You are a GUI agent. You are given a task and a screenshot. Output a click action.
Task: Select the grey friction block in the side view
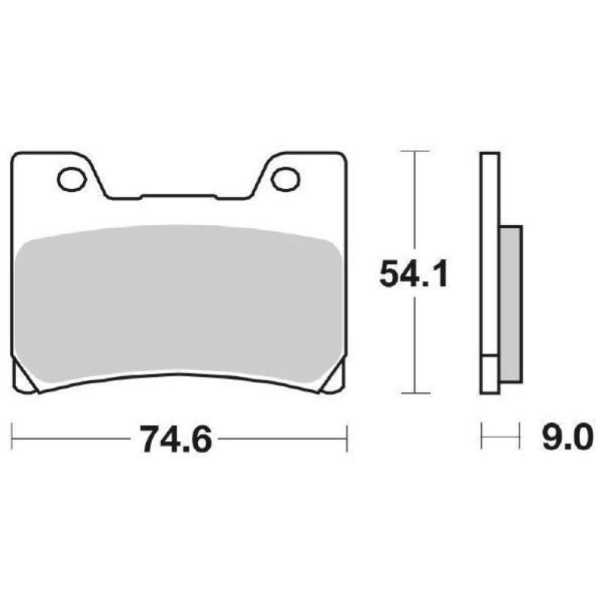click(510, 302)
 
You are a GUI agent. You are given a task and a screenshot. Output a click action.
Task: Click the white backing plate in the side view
click(488, 249)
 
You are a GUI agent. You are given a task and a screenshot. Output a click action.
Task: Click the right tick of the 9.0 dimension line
click(520, 437)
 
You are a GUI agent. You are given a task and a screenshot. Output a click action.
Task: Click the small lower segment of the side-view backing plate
click(488, 374)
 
